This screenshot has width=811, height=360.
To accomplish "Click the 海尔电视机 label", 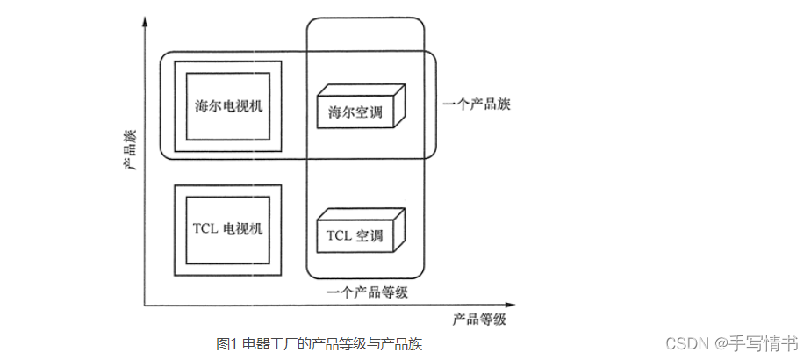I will (x=228, y=105).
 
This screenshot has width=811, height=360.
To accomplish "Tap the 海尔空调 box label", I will (x=355, y=112).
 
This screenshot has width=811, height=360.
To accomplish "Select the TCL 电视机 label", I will (x=227, y=229).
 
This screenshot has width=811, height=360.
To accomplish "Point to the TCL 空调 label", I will (x=355, y=236).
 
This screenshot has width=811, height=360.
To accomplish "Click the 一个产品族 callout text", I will (x=478, y=104).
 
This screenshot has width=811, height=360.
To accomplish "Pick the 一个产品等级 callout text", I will (x=367, y=292).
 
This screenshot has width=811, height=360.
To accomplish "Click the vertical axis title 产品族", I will (x=130, y=151).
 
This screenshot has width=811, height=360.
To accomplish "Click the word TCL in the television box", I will (x=204, y=229).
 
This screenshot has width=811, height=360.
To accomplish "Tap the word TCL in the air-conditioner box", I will (x=338, y=236).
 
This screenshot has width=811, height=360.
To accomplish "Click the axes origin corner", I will (x=144, y=305).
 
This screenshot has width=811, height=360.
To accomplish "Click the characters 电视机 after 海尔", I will (x=240, y=105).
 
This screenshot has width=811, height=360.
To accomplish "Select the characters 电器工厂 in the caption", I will (x=262, y=343).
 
